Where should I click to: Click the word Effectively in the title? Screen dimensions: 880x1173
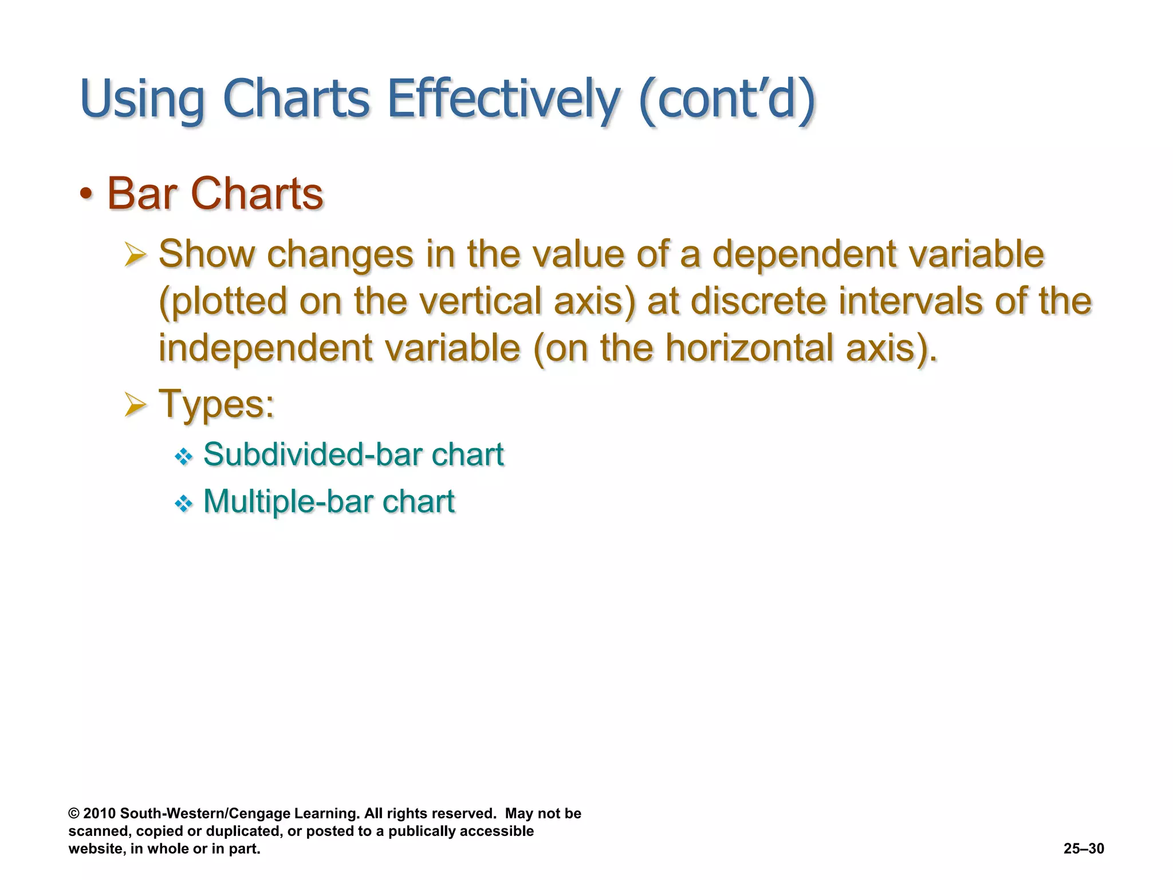pyautogui.click(x=503, y=99)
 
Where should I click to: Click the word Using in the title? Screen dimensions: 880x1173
pyautogui.click(x=142, y=99)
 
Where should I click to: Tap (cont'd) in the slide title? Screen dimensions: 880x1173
pyautogui.click(x=726, y=99)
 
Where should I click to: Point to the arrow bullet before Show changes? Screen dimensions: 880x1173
pyautogui.click(x=136, y=254)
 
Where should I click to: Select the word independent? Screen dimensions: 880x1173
pyautogui.click(x=265, y=348)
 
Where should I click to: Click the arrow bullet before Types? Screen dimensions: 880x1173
pyautogui.click(x=136, y=405)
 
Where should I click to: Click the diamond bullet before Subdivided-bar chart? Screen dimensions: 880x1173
pyautogui.click(x=183, y=457)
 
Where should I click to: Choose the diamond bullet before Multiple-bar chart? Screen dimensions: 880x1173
pyautogui.click(x=183, y=504)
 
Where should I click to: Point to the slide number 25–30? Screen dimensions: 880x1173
pyautogui.click(x=1084, y=848)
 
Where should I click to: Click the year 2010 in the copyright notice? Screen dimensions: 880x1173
pyautogui.click(x=100, y=814)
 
